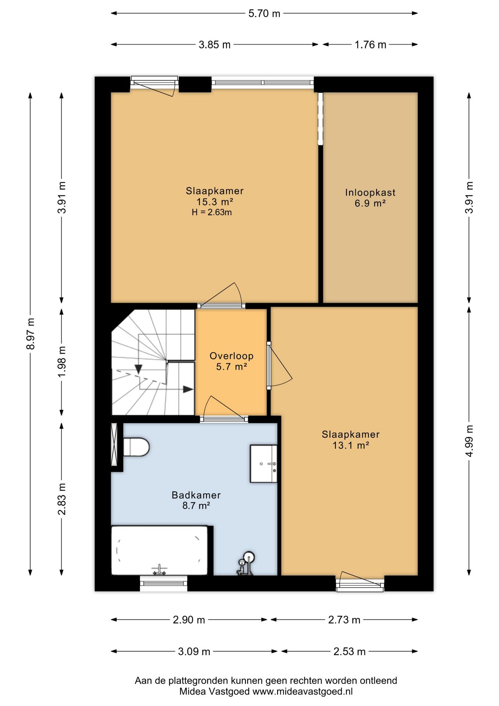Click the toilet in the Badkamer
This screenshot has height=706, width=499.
[x=136, y=447]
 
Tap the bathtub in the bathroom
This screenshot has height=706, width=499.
[x=159, y=550]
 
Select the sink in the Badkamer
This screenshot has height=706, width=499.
[x=263, y=463]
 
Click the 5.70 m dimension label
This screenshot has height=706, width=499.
[x=264, y=14]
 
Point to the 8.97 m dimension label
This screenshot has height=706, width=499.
[x=31, y=334]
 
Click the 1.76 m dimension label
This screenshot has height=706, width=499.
[x=370, y=45]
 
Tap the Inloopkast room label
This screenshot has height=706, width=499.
[x=370, y=192]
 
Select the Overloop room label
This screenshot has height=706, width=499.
[x=231, y=356]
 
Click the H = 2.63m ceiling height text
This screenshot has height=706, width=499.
[x=212, y=212]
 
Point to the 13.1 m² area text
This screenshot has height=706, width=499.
[x=351, y=445]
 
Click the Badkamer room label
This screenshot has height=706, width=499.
[x=196, y=495]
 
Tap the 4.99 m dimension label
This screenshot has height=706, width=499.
[x=469, y=441]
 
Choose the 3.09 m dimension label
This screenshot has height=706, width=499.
[x=194, y=652]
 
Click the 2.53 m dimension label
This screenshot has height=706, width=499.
[x=349, y=652]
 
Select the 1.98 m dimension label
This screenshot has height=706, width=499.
[x=62, y=361]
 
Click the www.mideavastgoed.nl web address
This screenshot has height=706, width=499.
[x=302, y=691]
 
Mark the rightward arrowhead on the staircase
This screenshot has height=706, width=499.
[x=188, y=389]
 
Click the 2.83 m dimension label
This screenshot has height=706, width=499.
[x=62, y=499]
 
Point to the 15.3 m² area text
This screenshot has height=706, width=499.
[x=215, y=202]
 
